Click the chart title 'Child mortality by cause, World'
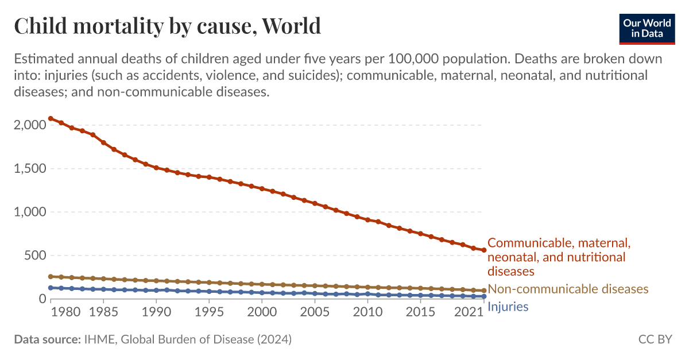point(167,26)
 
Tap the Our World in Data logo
point(647,28)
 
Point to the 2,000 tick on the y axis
point(26,125)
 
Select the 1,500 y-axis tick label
point(26,169)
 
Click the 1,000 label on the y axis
point(26,212)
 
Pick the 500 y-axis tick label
point(32,256)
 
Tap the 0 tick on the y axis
point(41,299)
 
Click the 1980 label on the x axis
point(69,313)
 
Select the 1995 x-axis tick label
point(210,313)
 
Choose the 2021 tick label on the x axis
point(467,313)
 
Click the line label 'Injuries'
point(508,307)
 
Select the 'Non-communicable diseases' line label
point(568,289)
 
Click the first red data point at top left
point(51,118)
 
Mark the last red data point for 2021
point(483,250)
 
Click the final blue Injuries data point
point(483,296)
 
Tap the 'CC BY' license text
point(655,340)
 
